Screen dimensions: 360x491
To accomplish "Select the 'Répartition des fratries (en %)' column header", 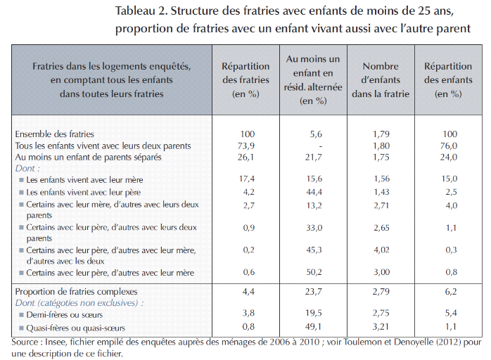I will point(246,79).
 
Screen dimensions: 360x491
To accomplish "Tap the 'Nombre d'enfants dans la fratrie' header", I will point(381,79).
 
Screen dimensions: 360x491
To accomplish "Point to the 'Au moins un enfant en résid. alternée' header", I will point(314,79).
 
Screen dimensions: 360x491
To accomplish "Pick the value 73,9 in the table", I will point(246,146).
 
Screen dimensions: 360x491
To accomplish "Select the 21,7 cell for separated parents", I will point(314,157).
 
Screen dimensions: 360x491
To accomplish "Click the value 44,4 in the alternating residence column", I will point(314,192).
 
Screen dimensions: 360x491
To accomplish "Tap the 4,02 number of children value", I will point(381,250).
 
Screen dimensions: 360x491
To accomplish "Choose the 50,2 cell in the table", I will point(314,273).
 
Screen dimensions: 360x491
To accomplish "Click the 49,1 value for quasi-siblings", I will point(314,326).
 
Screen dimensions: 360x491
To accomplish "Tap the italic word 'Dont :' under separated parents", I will point(28,169).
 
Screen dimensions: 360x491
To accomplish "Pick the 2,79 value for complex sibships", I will point(381,291).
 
